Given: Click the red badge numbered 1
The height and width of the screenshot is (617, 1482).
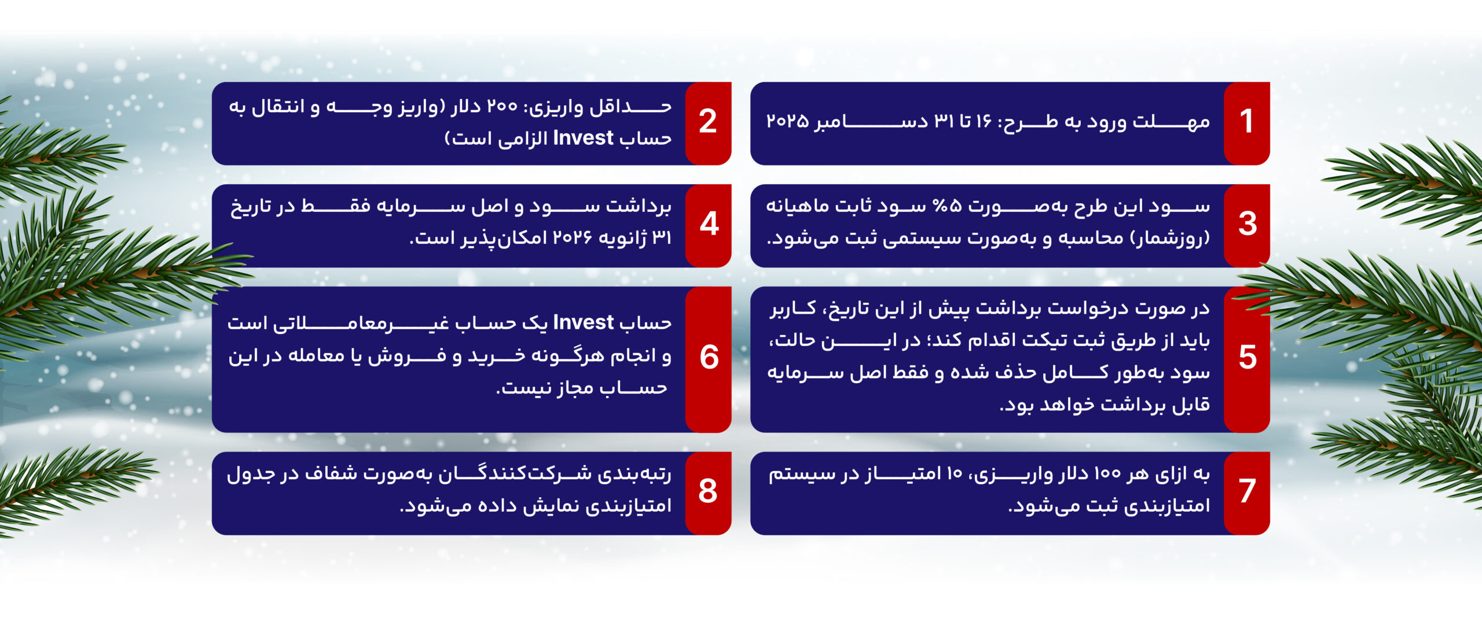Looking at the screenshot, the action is pos(1247,123).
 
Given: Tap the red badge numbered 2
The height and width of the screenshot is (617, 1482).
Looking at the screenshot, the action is pos(708,123).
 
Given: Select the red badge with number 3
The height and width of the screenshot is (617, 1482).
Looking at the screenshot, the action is pos(1247,226).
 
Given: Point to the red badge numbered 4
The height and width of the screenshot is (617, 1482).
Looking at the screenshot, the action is pos(708,226).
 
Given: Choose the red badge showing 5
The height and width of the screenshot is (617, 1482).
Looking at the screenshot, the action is pos(1247,359).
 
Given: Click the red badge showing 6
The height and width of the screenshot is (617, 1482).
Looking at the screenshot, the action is pos(708,359).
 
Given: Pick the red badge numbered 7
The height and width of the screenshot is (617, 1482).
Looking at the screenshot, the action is pos(1247,493).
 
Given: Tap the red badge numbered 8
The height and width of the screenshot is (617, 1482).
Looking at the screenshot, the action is pos(708,493).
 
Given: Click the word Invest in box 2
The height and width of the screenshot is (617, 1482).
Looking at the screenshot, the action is pos(583,138).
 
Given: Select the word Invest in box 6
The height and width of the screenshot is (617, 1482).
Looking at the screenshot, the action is pos(583,322).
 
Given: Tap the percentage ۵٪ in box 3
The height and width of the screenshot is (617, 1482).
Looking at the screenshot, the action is pos(947,206).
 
